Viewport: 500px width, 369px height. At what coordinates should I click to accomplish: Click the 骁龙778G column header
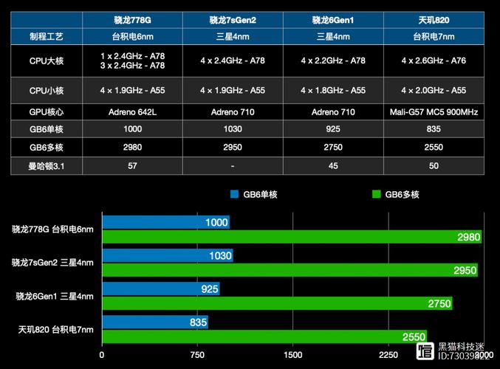132,20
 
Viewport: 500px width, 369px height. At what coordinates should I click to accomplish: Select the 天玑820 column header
434,20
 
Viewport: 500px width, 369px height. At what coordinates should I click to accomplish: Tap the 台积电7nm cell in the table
434,35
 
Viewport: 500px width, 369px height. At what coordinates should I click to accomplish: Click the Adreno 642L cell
132,112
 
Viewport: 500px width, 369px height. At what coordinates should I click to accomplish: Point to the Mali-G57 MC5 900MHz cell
434,112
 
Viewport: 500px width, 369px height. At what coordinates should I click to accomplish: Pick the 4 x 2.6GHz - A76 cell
434,61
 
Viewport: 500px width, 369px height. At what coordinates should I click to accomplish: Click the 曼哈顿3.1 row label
47,165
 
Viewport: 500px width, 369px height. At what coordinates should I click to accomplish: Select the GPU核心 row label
47,112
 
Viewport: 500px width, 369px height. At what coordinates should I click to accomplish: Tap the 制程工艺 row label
47,35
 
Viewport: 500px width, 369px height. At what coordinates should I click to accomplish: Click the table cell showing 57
132,165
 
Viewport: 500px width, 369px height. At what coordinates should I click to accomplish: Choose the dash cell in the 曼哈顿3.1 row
233,165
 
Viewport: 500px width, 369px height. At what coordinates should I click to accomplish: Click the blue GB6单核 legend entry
255,195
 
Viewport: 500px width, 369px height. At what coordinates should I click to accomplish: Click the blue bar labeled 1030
168,256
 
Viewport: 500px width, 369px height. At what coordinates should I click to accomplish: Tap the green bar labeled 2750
277,303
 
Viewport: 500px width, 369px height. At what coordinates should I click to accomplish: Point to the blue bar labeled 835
155,322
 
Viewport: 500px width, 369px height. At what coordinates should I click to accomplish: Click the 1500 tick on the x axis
292,354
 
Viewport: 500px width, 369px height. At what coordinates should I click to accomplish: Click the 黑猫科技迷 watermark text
461,346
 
